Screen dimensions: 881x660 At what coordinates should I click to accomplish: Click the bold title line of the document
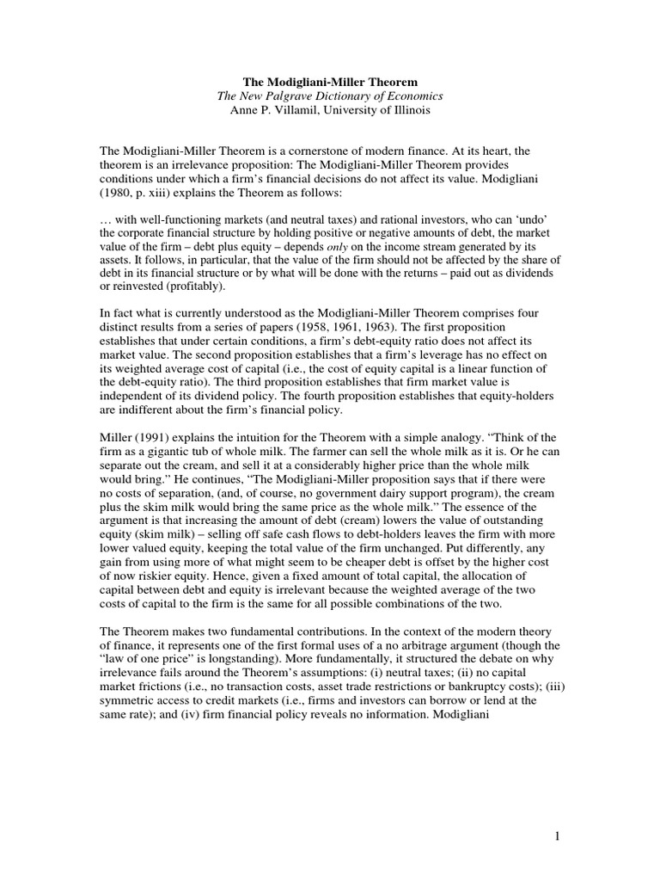click(x=330, y=82)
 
